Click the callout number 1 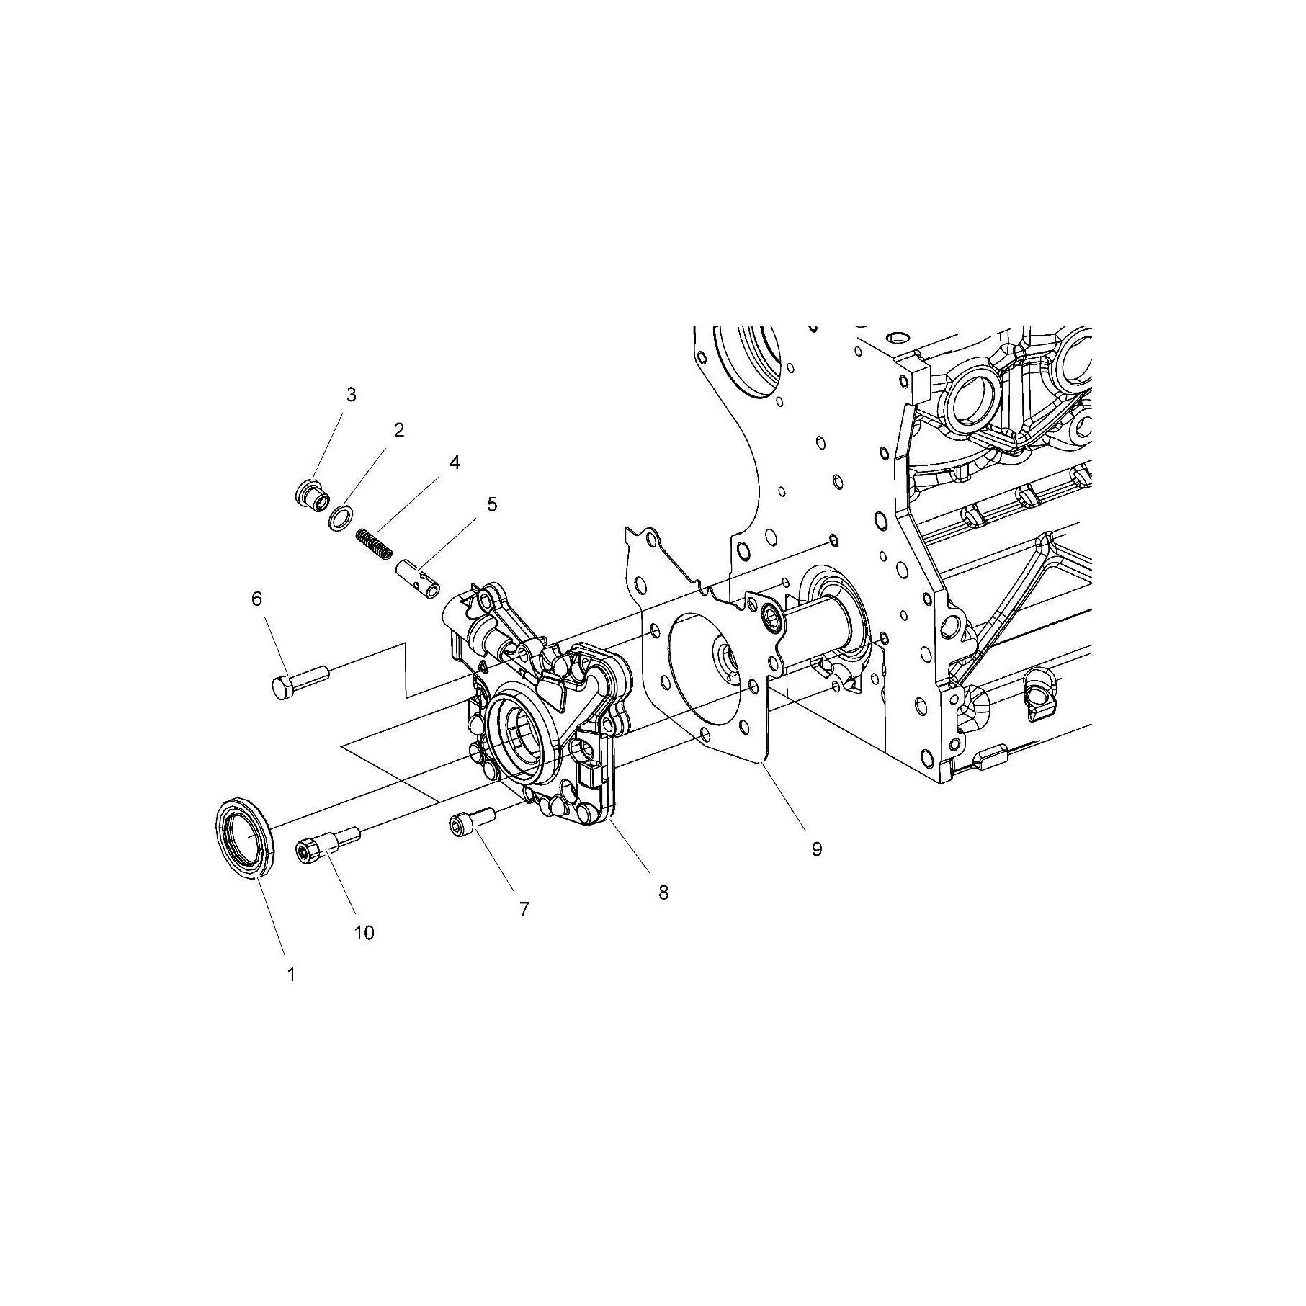tap(291, 975)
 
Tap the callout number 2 tap(398, 430)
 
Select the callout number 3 tap(351, 394)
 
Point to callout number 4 tap(455, 462)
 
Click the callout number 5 tap(492, 504)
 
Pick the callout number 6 tap(257, 599)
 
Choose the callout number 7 tap(524, 910)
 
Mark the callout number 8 tap(663, 893)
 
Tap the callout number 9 tap(816, 849)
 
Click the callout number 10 tap(364, 933)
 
